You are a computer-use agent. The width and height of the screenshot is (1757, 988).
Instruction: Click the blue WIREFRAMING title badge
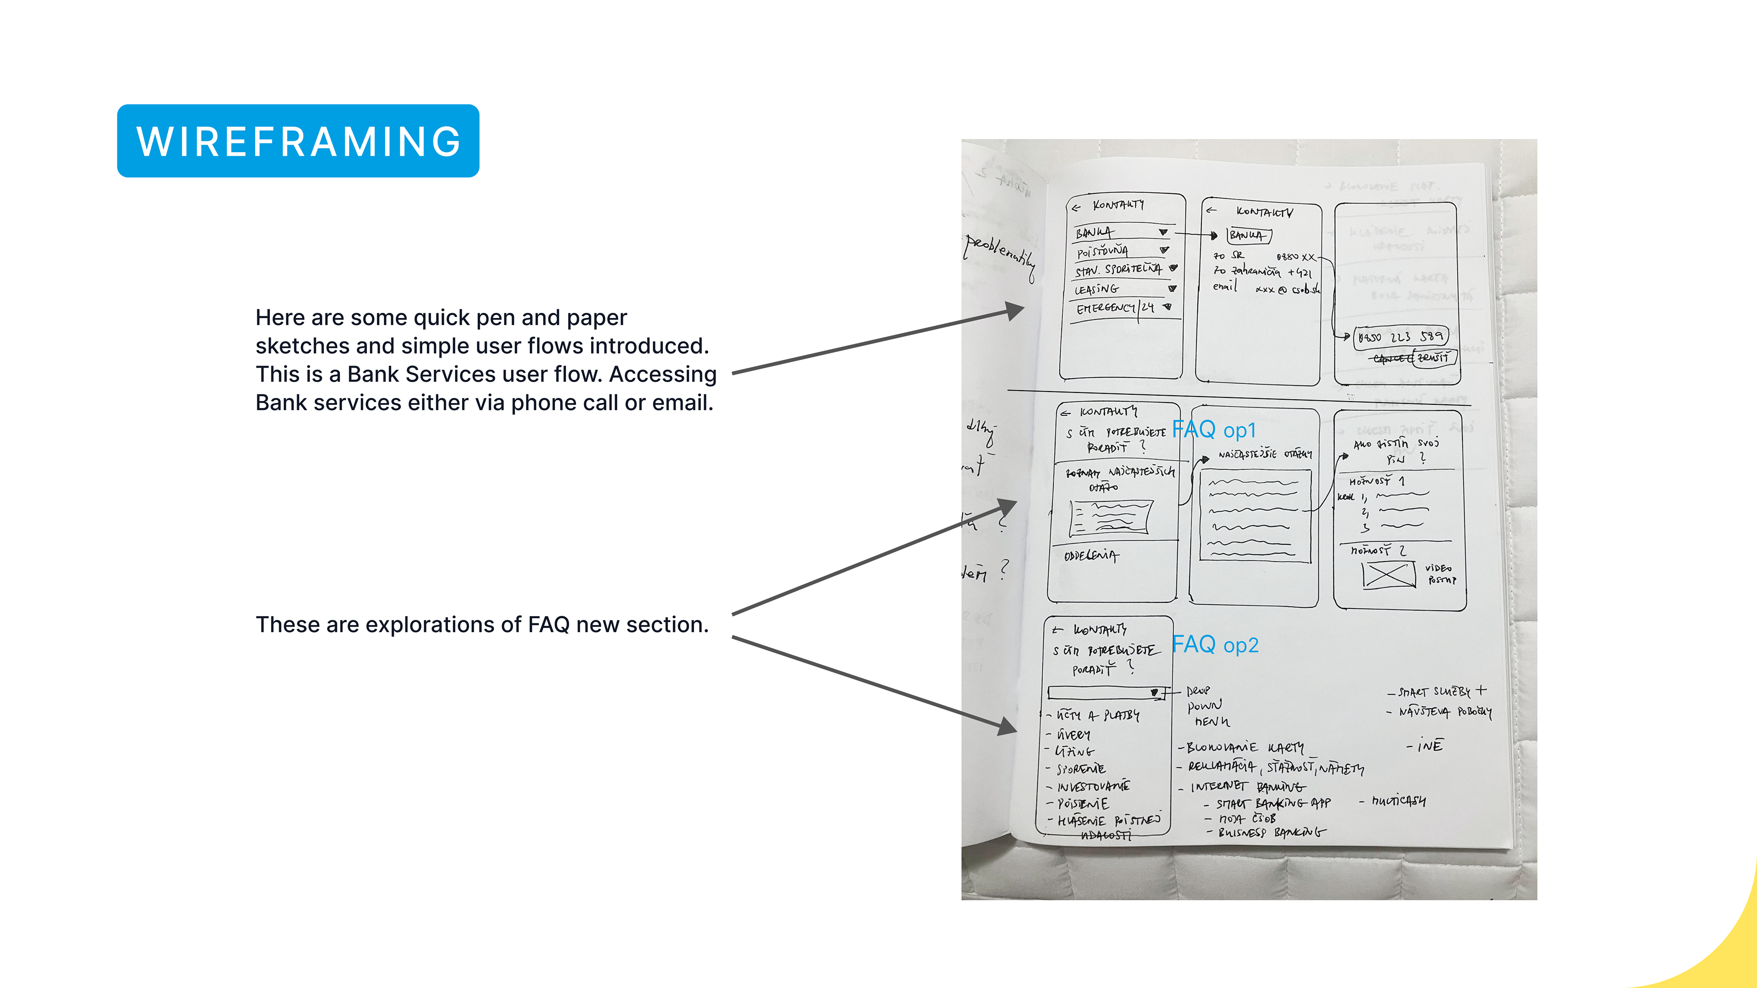pyautogui.click(x=298, y=141)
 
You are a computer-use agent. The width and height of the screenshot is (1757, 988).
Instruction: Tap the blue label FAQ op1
pyautogui.click(x=1213, y=430)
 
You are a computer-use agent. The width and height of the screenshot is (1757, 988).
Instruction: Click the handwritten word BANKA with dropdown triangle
pyautogui.click(x=1095, y=232)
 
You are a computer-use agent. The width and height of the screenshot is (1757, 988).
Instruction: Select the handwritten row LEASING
pyautogui.click(x=1097, y=289)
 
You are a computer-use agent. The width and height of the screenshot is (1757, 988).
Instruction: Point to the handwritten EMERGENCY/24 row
pyautogui.click(x=1115, y=308)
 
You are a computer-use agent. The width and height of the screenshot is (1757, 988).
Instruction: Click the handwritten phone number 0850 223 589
pyautogui.click(x=1400, y=337)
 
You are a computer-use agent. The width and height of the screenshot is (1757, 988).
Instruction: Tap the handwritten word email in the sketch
pyautogui.click(x=1225, y=286)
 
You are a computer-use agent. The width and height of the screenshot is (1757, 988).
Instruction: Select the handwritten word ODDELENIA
pyautogui.click(x=1091, y=556)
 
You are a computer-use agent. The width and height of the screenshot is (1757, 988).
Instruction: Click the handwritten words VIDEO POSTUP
pyautogui.click(x=1440, y=574)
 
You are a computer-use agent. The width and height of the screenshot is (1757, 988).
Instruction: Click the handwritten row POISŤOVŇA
pyautogui.click(x=1102, y=252)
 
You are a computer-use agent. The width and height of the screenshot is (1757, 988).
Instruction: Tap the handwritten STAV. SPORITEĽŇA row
pyautogui.click(x=1119, y=270)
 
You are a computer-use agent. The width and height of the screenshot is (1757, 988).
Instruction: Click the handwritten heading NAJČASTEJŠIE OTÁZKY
pyautogui.click(x=1265, y=454)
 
